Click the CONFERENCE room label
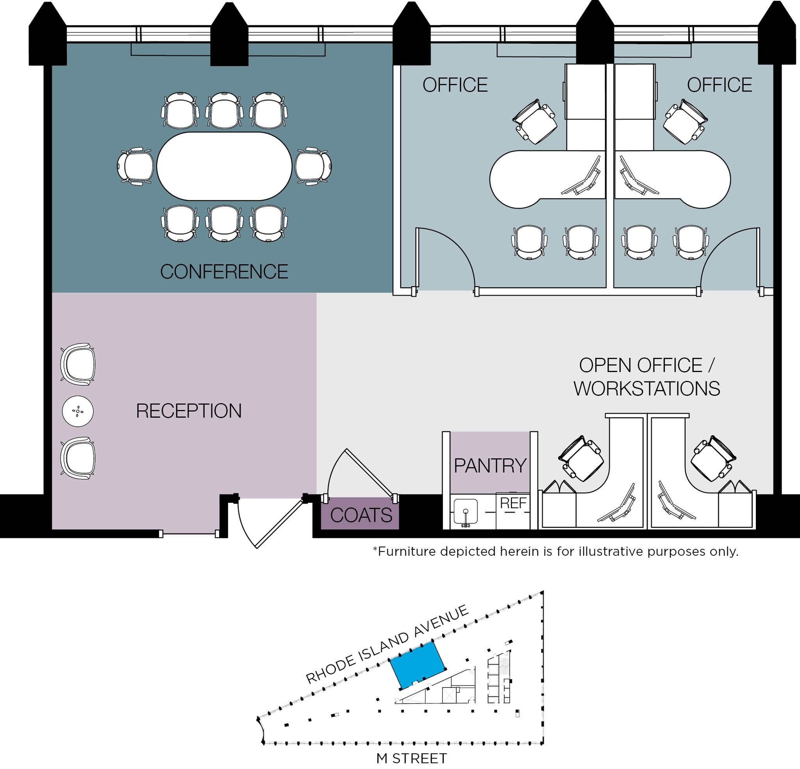click(x=224, y=272)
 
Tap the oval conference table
click(x=224, y=166)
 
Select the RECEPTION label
click(x=189, y=411)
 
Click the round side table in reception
click(x=78, y=411)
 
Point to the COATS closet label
click(x=361, y=515)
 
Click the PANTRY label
click(x=490, y=465)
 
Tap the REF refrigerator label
click(x=513, y=504)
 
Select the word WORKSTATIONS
click(x=646, y=388)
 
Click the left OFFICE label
click(x=455, y=85)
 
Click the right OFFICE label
click(x=719, y=85)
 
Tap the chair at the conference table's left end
click(x=135, y=166)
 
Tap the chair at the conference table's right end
click(x=313, y=166)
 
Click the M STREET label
click(x=411, y=758)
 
